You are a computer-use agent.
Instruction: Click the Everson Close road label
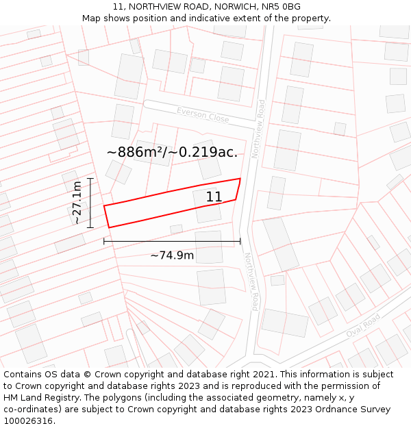[x=203, y=114]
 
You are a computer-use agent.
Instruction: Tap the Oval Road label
[x=362, y=325]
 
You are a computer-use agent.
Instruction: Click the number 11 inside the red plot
[x=214, y=197]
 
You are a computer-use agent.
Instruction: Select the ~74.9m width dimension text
[x=172, y=256]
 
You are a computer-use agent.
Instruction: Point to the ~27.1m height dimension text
[x=77, y=203]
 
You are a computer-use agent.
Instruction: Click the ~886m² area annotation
[x=172, y=152]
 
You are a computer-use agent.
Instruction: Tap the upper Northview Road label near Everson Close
[x=258, y=129]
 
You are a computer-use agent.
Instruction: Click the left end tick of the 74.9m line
[x=104, y=240]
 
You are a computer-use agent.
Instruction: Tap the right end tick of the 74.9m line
[x=240, y=240]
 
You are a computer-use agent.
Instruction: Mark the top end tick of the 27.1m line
[x=90, y=178]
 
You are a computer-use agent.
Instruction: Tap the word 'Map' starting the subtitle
[x=91, y=18]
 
